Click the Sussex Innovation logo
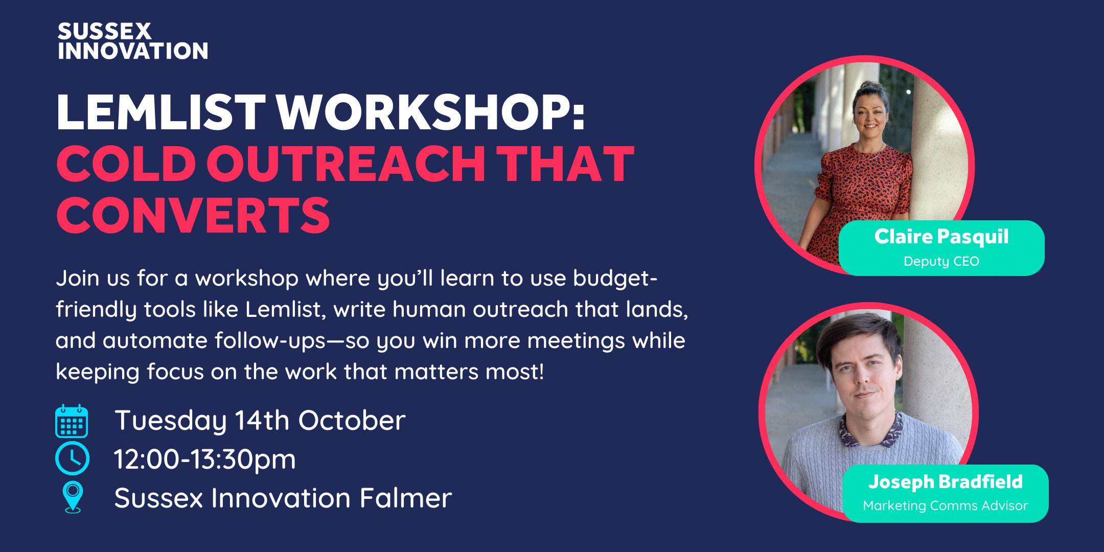[x=133, y=41]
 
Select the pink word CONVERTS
[x=193, y=215]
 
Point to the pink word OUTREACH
[x=346, y=164]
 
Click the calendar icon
[x=72, y=421]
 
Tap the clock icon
[x=72, y=458]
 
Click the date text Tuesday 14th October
[x=260, y=421]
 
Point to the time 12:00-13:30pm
[x=204, y=459]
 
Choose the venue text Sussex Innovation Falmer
[x=283, y=498]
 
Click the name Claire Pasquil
[x=941, y=237]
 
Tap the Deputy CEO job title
[x=941, y=261]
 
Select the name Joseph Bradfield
[x=946, y=481]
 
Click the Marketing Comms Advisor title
[x=946, y=505]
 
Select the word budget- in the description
[x=615, y=279]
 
